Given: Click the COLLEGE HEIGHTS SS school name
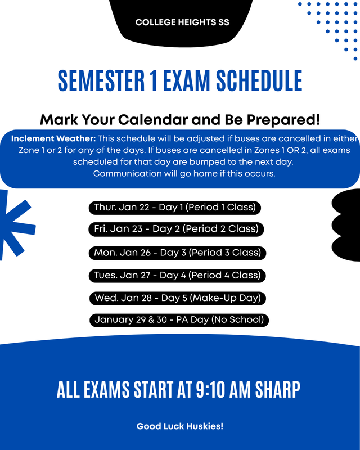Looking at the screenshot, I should (182, 23).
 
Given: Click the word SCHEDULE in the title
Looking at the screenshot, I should (260, 81).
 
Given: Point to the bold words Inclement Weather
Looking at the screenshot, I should (53, 138).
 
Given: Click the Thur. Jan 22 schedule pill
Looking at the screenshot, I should (174, 208).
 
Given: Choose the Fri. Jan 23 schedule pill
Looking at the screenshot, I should (176, 229).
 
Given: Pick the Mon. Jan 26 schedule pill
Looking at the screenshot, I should (177, 253).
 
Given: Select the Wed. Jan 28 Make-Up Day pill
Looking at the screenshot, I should (177, 298).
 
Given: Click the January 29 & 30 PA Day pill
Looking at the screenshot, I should (179, 320).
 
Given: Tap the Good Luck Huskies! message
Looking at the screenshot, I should (180, 426).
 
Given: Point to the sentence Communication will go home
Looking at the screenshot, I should (184, 173).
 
